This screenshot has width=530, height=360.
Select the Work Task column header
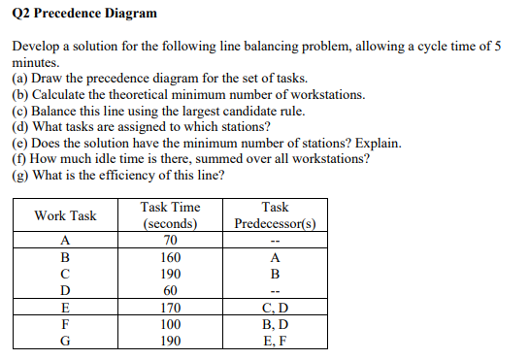point(65,215)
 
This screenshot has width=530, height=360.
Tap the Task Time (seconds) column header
point(171,215)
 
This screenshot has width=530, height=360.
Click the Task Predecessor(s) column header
point(275,215)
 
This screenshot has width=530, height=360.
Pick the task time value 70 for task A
point(171,241)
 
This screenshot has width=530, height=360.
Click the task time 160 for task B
point(171,258)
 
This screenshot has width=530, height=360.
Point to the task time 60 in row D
point(171,290)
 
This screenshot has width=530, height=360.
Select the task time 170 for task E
point(171,309)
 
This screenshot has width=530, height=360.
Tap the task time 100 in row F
point(171,325)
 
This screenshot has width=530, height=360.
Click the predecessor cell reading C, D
point(275,309)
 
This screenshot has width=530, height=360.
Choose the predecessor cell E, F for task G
point(275,342)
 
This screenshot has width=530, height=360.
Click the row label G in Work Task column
point(65,342)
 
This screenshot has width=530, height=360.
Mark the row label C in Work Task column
point(65,275)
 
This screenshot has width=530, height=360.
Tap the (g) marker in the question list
point(19,175)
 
